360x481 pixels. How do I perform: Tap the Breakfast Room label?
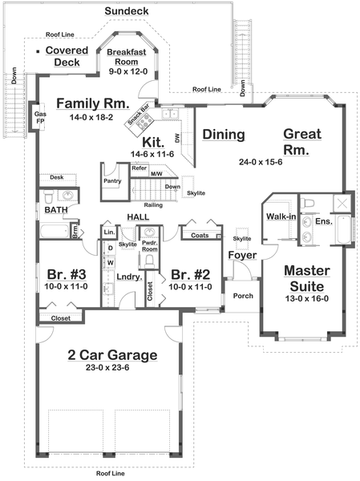coord(129,56)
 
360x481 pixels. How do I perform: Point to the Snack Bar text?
coord(140,119)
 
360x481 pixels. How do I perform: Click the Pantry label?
coord(112,181)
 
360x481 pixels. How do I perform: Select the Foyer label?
coord(241,256)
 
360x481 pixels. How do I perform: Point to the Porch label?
coord(243,296)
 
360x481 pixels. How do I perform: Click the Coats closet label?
coord(200,236)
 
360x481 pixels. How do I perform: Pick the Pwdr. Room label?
coord(150,246)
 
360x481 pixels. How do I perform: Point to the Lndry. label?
coord(128,277)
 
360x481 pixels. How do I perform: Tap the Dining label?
coord(223,135)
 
